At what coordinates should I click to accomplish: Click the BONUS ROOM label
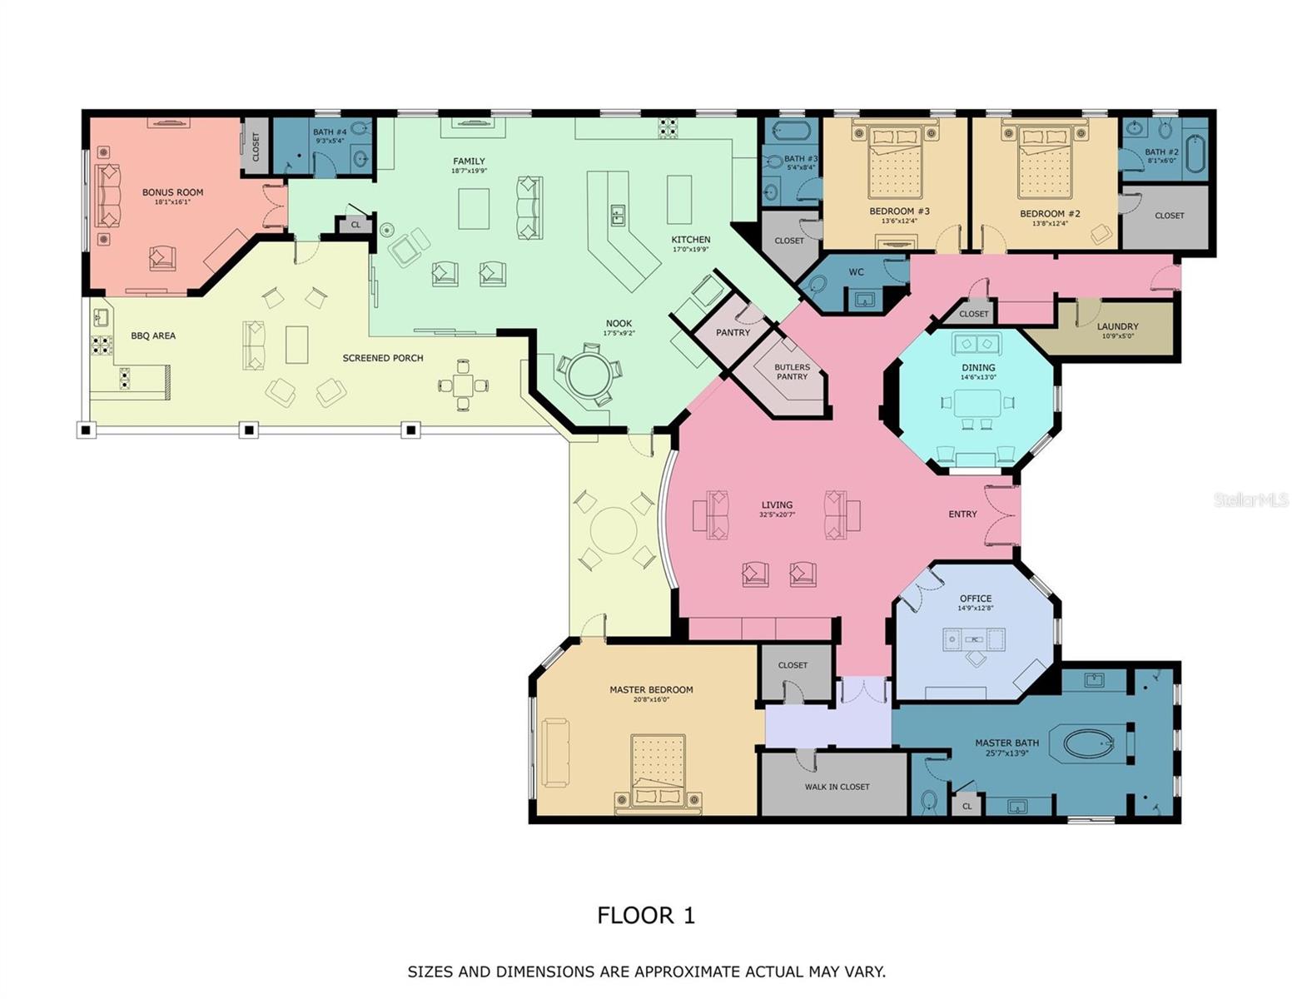172,192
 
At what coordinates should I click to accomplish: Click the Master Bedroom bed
658,770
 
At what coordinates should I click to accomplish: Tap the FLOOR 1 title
645,915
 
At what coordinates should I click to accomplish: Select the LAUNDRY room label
1117,326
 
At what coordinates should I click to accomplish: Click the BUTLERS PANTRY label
792,371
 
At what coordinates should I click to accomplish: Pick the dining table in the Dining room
978,403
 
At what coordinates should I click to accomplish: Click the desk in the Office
974,639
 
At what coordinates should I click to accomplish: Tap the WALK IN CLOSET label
837,787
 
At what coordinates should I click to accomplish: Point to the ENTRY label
962,514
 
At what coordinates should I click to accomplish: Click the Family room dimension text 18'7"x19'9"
469,171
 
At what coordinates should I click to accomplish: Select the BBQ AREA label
153,335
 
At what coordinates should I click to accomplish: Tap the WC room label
856,272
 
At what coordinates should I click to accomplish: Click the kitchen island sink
618,216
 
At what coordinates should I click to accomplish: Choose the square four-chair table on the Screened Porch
464,385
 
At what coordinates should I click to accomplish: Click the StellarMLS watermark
1250,499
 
